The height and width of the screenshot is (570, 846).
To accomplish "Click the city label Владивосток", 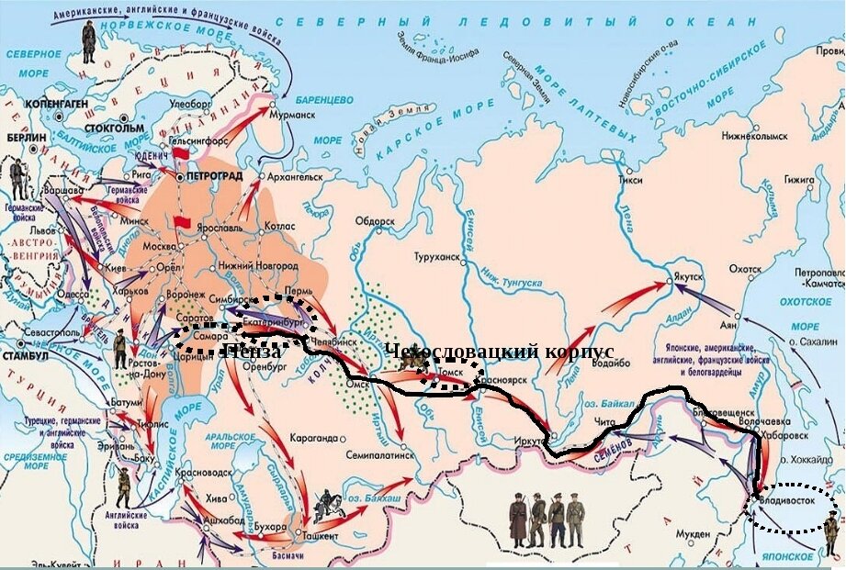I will tap(793, 500).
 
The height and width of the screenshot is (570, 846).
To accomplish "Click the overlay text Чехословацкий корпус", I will tap(499, 352).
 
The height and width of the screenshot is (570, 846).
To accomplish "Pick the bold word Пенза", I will tap(252, 351).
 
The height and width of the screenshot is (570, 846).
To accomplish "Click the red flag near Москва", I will tap(181, 223).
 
